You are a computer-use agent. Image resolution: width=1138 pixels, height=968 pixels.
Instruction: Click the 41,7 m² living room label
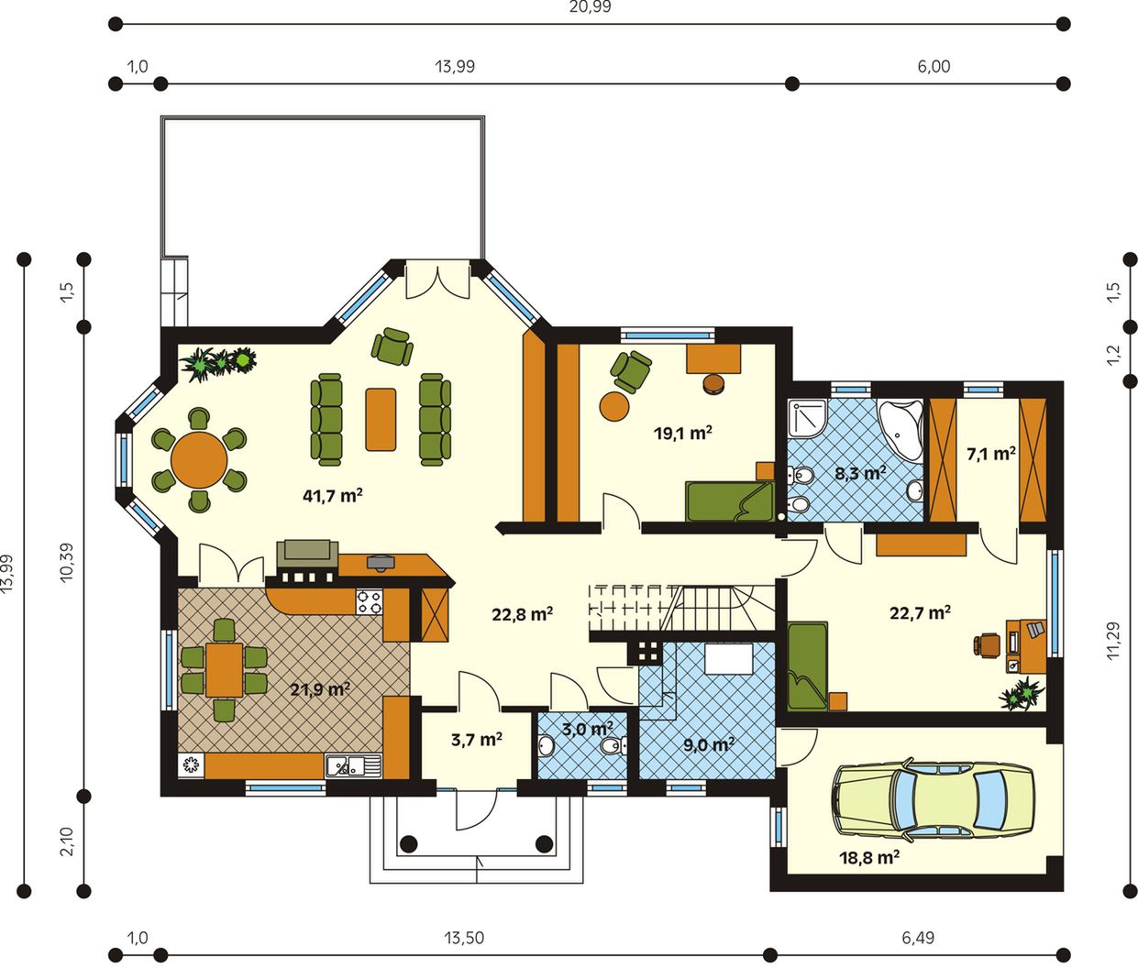tap(333, 496)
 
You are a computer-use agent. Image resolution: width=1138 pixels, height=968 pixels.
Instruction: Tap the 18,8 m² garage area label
tap(869, 857)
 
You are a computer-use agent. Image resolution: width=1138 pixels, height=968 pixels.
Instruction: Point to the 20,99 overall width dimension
tap(591, 7)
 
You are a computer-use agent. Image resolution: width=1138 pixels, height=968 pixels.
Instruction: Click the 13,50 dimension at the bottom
tap(464, 937)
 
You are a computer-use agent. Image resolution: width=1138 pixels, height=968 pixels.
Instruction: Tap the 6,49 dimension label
tap(918, 937)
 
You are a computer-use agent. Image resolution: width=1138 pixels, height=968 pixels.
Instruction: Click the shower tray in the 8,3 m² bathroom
tap(807, 418)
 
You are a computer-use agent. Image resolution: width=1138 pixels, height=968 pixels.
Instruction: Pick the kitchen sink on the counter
tap(353, 765)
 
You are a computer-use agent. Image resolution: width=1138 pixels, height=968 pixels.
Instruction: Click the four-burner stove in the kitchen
tap(369, 602)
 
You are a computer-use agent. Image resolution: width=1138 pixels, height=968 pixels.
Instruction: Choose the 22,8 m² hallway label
tap(522, 614)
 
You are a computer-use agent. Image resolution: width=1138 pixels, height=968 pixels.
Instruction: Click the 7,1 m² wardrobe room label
tap(991, 454)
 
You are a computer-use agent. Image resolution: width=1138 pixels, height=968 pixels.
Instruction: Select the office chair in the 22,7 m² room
tap(987, 644)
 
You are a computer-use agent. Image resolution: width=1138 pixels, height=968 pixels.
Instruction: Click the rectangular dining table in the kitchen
tap(224, 670)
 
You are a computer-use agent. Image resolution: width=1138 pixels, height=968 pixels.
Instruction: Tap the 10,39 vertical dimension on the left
tap(66, 562)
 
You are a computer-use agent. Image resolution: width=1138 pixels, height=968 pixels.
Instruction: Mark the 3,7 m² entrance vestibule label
tap(476, 740)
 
